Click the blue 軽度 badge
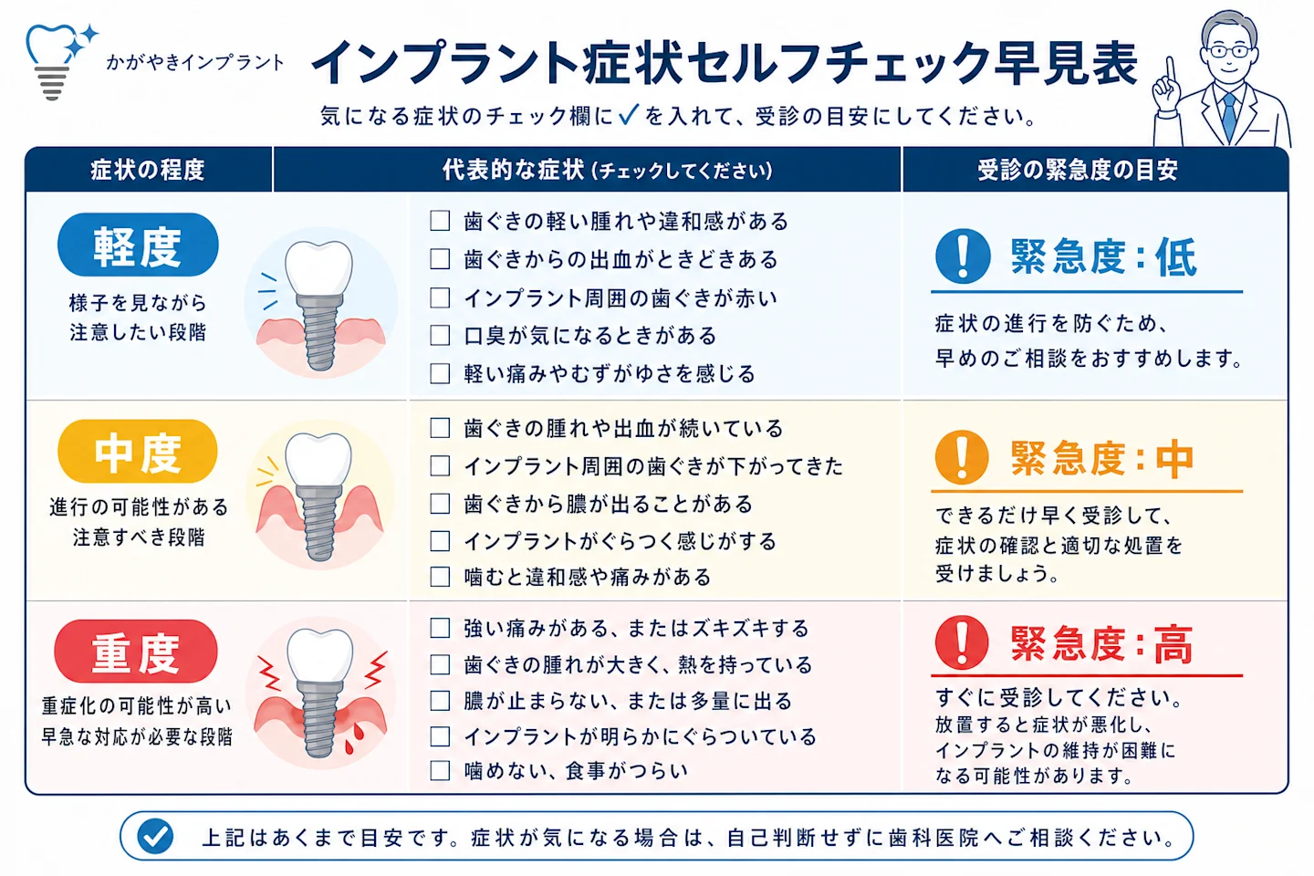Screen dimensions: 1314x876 [x=138, y=245]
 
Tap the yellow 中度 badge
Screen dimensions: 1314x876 [x=138, y=452]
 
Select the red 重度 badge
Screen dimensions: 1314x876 [x=136, y=652]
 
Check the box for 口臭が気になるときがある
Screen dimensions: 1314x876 [x=440, y=336]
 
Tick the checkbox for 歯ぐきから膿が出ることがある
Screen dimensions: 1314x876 [x=440, y=504]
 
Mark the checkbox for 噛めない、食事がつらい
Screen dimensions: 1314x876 [x=440, y=770]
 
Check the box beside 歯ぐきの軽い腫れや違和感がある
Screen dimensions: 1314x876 [x=440, y=221]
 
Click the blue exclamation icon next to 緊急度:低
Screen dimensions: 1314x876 [x=963, y=256]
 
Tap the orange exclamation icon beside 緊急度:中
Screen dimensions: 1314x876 [x=962, y=457]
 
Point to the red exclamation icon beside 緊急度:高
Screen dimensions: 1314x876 [x=962, y=643]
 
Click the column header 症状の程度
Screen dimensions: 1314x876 [x=147, y=170]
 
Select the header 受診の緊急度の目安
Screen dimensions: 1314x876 [x=1078, y=170]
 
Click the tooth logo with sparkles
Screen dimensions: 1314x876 [x=60, y=61]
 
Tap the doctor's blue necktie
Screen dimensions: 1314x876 [x=1228, y=117]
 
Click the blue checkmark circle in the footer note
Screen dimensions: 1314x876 [x=155, y=836]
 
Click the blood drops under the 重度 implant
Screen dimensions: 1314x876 [x=354, y=737]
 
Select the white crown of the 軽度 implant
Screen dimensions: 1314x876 [x=319, y=267]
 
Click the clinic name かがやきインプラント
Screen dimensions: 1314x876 [x=195, y=62]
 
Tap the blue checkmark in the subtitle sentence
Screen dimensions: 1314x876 [x=628, y=114]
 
